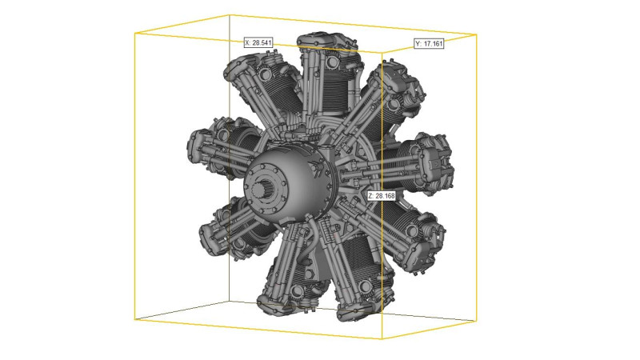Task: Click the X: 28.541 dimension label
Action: [258, 42]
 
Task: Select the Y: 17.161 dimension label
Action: [429, 43]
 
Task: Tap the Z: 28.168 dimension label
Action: [382, 196]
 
